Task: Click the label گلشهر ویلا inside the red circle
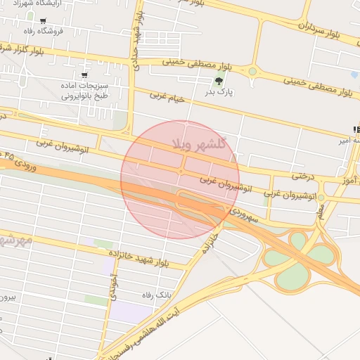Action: click(x=202, y=145)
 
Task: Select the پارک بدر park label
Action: click(x=218, y=92)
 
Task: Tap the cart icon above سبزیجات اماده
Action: click(x=84, y=74)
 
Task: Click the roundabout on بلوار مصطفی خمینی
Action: click(x=252, y=70)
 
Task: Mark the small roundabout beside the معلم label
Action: click(x=321, y=198)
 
